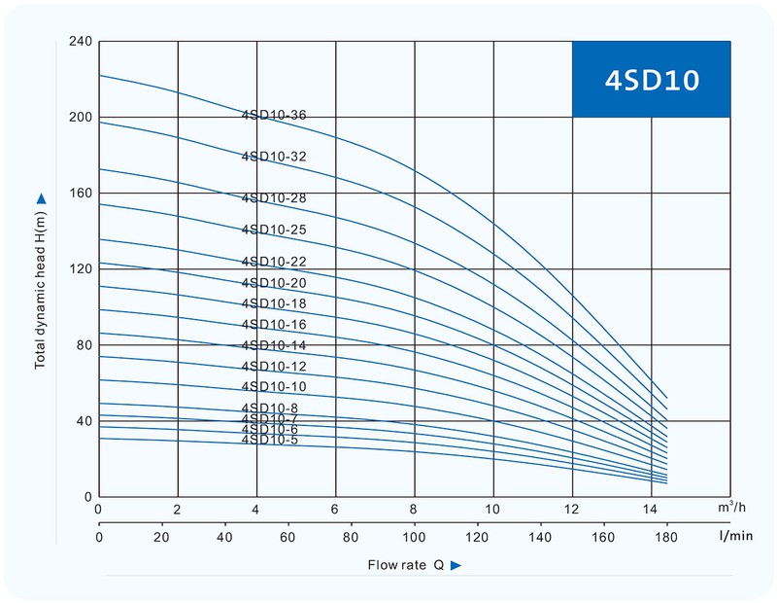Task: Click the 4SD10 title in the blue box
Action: (x=651, y=80)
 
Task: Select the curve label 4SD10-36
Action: (x=274, y=115)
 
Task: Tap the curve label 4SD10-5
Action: (x=270, y=440)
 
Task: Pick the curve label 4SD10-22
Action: (x=274, y=261)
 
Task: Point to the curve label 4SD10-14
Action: (x=274, y=345)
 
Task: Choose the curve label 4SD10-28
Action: (x=274, y=198)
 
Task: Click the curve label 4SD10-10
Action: (x=274, y=387)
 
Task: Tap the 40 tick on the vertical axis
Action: (x=83, y=421)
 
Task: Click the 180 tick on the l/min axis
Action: (x=667, y=536)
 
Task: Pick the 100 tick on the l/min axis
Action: (x=415, y=536)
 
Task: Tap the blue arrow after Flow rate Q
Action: (x=455, y=565)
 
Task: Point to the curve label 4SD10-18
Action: (x=274, y=303)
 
